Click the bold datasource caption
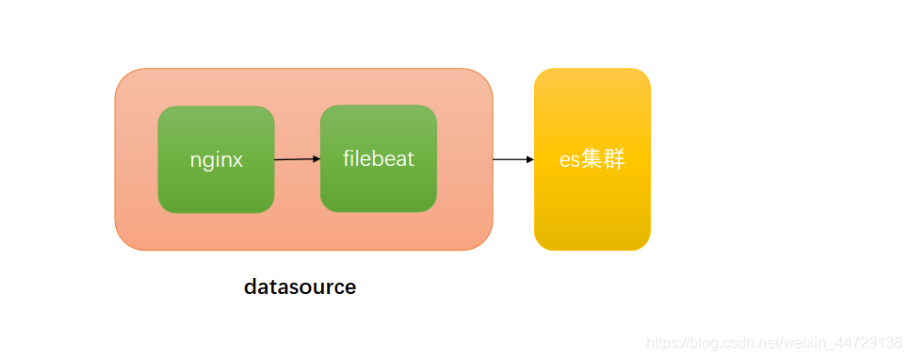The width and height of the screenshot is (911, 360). click(300, 287)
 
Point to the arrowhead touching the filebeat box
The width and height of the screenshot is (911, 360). click(316, 159)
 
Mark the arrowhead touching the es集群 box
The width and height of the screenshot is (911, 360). click(529, 159)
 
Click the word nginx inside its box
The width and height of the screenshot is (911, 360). click(216, 160)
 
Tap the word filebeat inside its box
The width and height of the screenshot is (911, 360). click(378, 158)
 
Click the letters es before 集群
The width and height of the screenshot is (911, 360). click(570, 160)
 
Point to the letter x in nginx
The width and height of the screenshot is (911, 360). click(237, 161)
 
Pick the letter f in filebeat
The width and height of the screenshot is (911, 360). click(347, 157)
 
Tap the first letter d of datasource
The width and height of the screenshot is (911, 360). click(251, 287)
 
